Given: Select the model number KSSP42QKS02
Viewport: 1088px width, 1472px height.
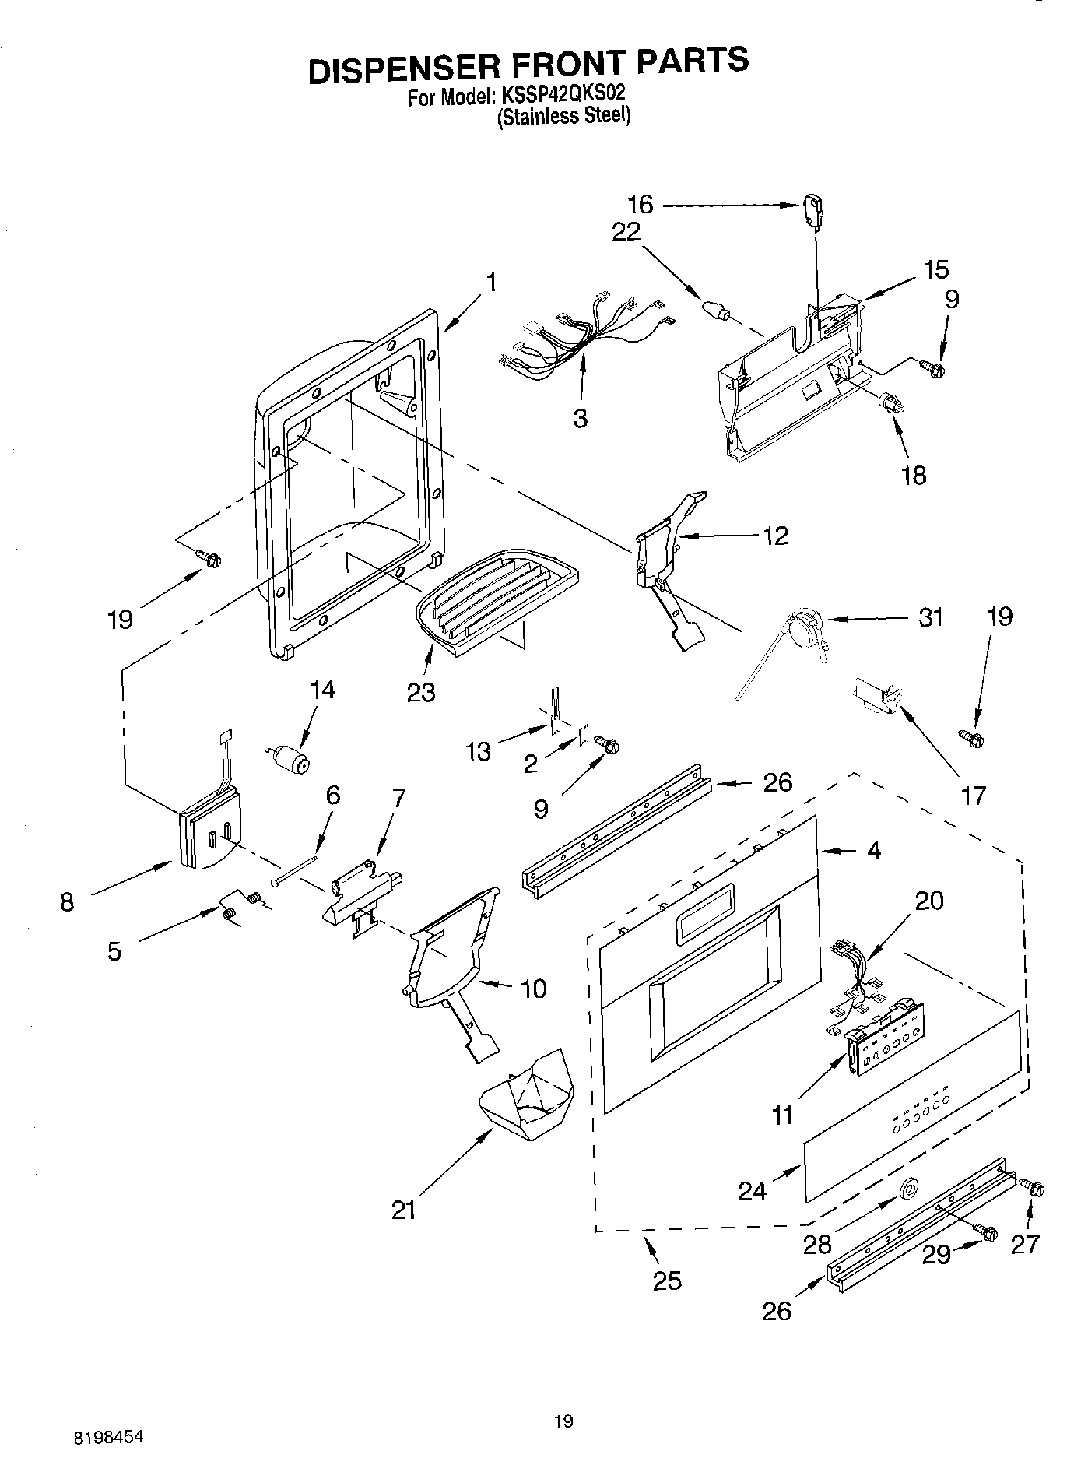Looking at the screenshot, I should (x=563, y=97).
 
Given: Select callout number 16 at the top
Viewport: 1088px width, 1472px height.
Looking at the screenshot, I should (x=641, y=205).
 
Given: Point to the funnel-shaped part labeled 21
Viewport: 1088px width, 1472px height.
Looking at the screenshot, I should (x=527, y=1091).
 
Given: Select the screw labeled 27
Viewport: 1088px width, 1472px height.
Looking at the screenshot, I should (x=1033, y=1188).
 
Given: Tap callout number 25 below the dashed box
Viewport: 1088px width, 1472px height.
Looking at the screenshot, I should (x=667, y=1280).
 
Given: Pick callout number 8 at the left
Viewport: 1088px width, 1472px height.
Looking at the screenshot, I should (x=67, y=902).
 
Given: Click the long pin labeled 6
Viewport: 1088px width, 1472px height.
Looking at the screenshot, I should (x=295, y=869).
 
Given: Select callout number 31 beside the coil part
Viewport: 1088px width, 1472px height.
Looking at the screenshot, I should (x=930, y=617).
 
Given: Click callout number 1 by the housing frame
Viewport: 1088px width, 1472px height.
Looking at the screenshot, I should (x=491, y=282).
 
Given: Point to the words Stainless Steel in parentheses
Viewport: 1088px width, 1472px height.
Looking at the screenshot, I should (x=564, y=118).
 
